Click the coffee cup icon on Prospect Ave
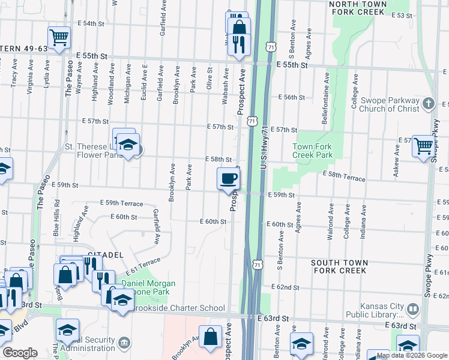point(228,178)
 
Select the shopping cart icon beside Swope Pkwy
point(423,146)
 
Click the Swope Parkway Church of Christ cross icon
point(429,104)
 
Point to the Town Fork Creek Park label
point(312,151)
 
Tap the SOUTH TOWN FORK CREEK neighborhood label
point(339,266)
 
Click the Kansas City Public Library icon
point(413,310)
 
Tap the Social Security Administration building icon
point(124,343)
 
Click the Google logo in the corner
point(20,353)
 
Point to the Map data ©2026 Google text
point(416,355)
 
